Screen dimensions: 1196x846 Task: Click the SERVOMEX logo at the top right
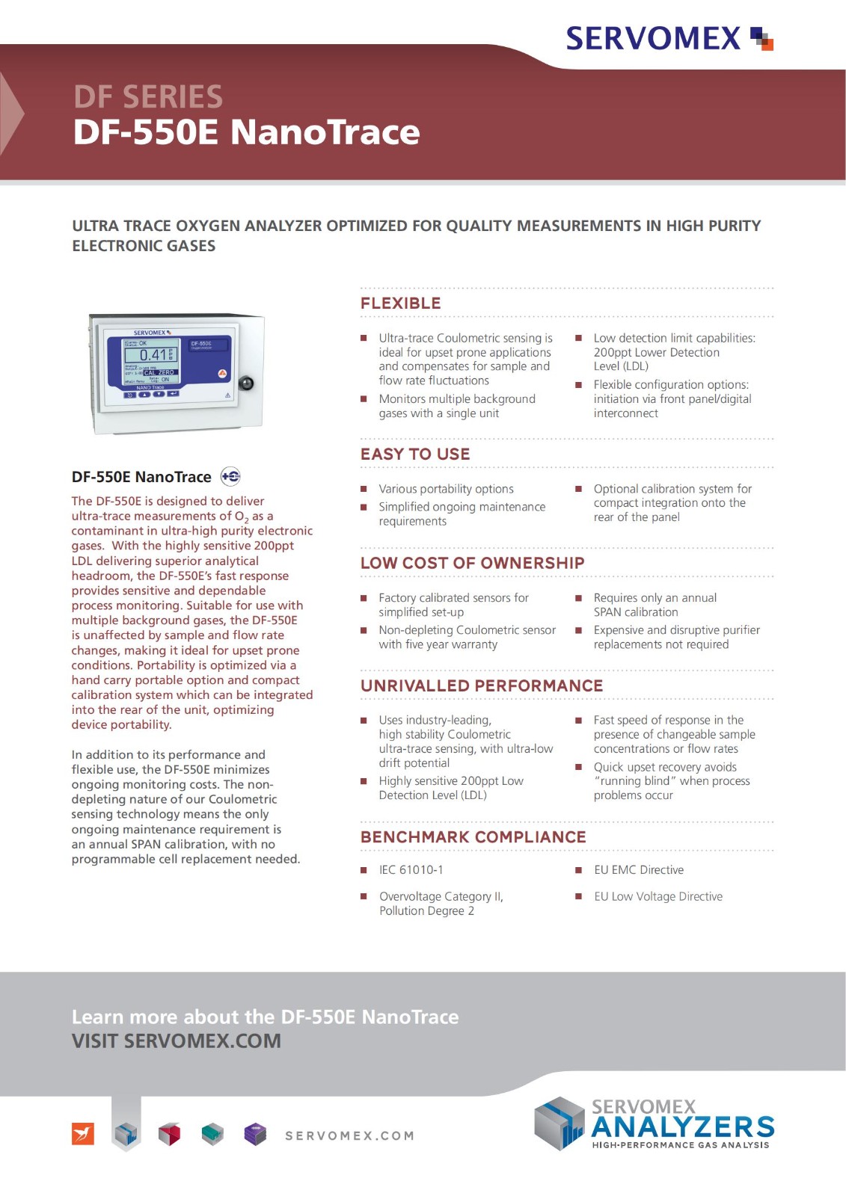click(x=668, y=38)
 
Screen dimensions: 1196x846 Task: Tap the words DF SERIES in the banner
click(x=148, y=97)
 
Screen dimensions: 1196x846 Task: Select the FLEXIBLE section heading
click(x=400, y=303)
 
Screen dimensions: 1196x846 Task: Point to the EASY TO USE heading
click(x=415, y=454)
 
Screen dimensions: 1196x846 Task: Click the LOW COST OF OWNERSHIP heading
click(x=472, y=564)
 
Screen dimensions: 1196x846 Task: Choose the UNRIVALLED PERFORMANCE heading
click(x=482, y=686)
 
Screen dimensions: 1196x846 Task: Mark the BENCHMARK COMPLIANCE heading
click(x=473, y=837)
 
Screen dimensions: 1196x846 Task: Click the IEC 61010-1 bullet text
click(x=411, y=870)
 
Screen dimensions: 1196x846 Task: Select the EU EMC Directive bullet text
click(x=638, y=870)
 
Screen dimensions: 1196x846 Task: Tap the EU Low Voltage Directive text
click(x=658, y=897)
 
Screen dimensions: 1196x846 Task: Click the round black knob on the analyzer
click(x=245, y=383)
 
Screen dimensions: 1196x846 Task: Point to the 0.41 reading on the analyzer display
click(x=153, y=355)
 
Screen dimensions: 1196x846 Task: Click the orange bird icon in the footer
click(x=83, y=1134)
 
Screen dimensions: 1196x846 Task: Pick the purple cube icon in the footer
click(x=255, y=1134)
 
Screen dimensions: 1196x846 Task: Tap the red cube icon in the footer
click(x=169, y=1134)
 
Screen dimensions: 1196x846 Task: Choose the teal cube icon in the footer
click(x=212, y=1134)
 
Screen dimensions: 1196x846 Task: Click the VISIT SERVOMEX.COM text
click(x=177, y=1041)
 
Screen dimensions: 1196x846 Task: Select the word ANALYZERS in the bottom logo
click(x=682, y=1127)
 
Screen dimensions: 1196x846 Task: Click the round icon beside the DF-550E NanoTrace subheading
click(x=230, y=477)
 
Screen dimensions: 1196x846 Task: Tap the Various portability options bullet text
click(x=446, y=490)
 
